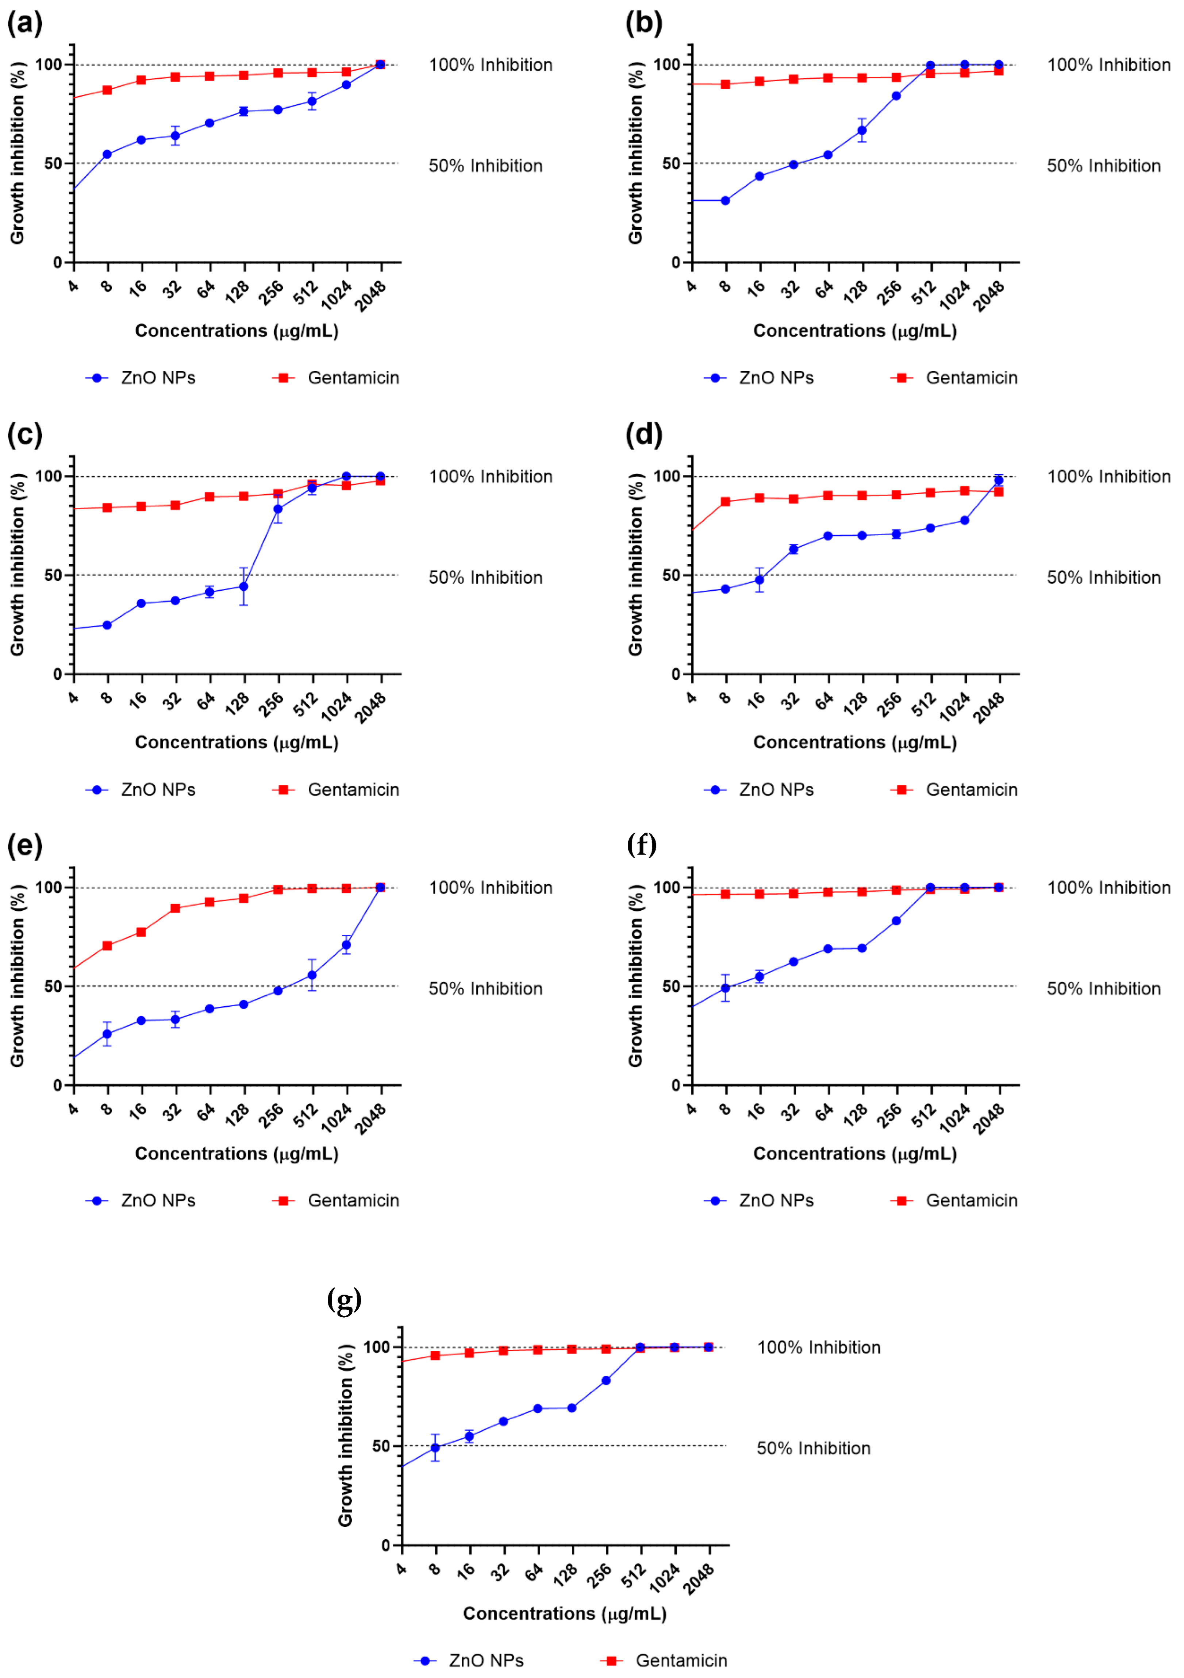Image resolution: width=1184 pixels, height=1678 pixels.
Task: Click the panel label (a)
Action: pos(25,23)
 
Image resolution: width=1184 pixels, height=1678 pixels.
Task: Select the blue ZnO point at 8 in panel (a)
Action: pos(107,154)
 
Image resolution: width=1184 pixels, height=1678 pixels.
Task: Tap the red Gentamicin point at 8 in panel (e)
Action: pos(107,946)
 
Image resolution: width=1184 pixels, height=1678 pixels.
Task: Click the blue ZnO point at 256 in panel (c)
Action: pos(278,509)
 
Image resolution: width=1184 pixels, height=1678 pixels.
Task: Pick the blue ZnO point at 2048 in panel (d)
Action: pos(998,480)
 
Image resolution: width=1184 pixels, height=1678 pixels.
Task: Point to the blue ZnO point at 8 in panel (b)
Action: pos(725,200)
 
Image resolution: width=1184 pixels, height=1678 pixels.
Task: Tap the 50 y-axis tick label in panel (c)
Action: pos(53,575)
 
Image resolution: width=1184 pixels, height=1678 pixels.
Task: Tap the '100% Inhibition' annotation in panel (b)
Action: pos(1109,65)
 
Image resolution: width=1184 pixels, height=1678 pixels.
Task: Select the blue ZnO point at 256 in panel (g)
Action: pos(606,1381)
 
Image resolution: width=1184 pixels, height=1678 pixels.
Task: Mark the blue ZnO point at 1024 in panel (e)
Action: pos(346,945)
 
